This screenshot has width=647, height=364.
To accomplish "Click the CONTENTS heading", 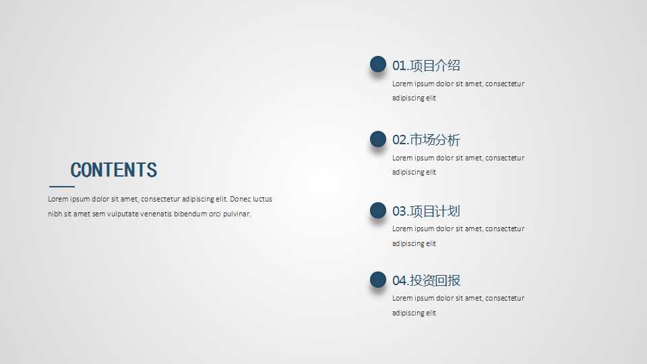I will coord(113,170).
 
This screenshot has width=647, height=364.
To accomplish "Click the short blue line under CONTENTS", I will coord(62,187).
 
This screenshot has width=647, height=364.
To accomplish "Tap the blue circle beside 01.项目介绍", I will coord(378,64).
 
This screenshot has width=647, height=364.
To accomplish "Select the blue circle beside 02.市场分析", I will coord(378,139).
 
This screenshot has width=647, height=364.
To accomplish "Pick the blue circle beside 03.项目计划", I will coord(378,210).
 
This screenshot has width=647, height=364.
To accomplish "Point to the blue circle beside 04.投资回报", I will coord(378,280).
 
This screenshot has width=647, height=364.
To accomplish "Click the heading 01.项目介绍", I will coord(426,65).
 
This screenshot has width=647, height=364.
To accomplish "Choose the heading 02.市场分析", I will coord(426,140).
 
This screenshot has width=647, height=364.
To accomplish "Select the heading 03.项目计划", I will coord(426,211).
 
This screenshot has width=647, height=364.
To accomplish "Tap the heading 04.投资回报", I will coord(426,280).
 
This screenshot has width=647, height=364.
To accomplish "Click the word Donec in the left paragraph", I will coord(241,200).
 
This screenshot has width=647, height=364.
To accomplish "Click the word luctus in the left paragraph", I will coord(263,200).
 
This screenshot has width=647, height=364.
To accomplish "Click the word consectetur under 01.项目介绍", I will coord(505,84).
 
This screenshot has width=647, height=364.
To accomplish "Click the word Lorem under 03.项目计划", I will coord(402,229).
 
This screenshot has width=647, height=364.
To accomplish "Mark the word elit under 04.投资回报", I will coord(431,313).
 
